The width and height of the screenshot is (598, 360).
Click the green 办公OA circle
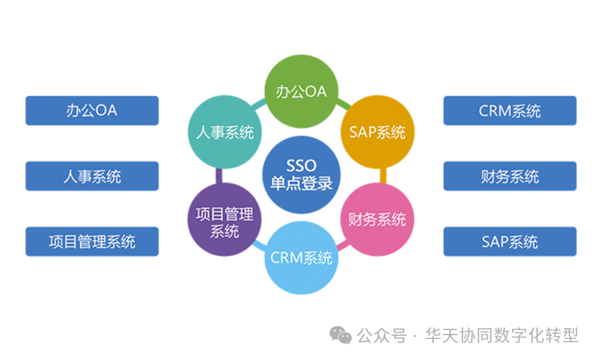point(301,92)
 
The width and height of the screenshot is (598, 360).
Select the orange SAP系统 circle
point(377,132)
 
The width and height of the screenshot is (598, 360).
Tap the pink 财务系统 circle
point(377,220)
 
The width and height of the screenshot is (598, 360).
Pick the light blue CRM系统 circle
point(301,258)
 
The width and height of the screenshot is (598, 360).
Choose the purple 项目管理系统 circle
point(224,220)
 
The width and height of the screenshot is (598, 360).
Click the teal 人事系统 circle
point(224,133)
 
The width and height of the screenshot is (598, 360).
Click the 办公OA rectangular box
point(92,110)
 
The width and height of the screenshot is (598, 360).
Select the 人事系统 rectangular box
point(92,176)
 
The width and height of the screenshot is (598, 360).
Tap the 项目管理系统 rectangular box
point(92,241)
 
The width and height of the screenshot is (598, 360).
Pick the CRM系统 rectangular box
point(509,110)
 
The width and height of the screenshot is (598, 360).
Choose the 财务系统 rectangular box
point(509,176)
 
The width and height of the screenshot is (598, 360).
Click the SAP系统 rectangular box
point(509,241)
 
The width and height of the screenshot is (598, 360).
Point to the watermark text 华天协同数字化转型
point(501,335)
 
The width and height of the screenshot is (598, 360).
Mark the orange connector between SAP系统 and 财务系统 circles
point(383,176)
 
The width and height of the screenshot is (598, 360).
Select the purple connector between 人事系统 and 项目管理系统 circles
point(218,176)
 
